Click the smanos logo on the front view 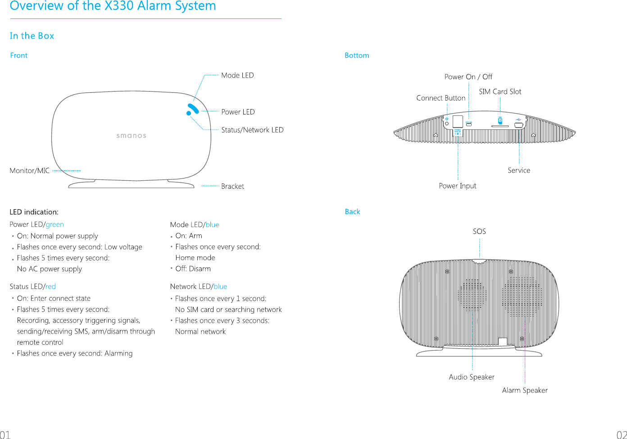coord(131,136)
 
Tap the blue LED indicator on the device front coord(193,109)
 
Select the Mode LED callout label coord(237,75)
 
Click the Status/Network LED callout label coord(252,130)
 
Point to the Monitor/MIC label coord(30,170)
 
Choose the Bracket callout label coord(232,186)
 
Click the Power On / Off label coord(468,77)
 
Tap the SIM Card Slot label coord(500,91)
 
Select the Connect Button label coord(441,98)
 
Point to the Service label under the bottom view coord(519,170)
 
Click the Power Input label coord(457,186)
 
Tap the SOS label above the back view coord(479,231)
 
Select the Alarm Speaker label coord(525,390)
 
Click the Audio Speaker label coord(472,377)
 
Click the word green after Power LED coord(55,224)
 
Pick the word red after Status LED coord(50,287)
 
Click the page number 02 coord(621,434)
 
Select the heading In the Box coord(32,36)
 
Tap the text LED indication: coord(34,212)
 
